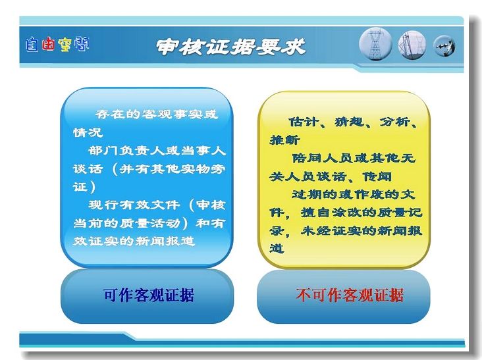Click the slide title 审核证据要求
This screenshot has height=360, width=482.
[x=230, y=47]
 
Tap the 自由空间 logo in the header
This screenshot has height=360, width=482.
[x=57, y=45]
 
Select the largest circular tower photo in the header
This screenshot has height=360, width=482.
[x=375, y=44]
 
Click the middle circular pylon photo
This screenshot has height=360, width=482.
[x=412, y=45]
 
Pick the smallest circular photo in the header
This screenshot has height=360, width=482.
[x=444, y=46]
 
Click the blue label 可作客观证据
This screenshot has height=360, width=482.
[x=149, y=296]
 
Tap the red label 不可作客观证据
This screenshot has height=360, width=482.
[x=350, y=296]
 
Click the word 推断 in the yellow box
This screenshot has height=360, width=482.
[x=284, y=140]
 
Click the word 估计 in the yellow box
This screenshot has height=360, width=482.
[x=304, y=122]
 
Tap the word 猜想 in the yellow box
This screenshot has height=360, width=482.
[x=349, y=122]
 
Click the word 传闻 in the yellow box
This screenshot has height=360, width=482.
[x=377, y=176]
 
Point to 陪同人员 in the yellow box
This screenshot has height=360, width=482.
[x=323, y=158]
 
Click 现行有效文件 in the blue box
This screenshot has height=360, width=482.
[x=134, y=205]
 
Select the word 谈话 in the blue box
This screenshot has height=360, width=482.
[x=88, y=168]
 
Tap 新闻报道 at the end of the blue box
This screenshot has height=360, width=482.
[x=165, y=241]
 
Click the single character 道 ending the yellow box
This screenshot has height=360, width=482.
[x=277, y=249]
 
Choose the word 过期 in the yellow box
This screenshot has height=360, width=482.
[x=307, y=194]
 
